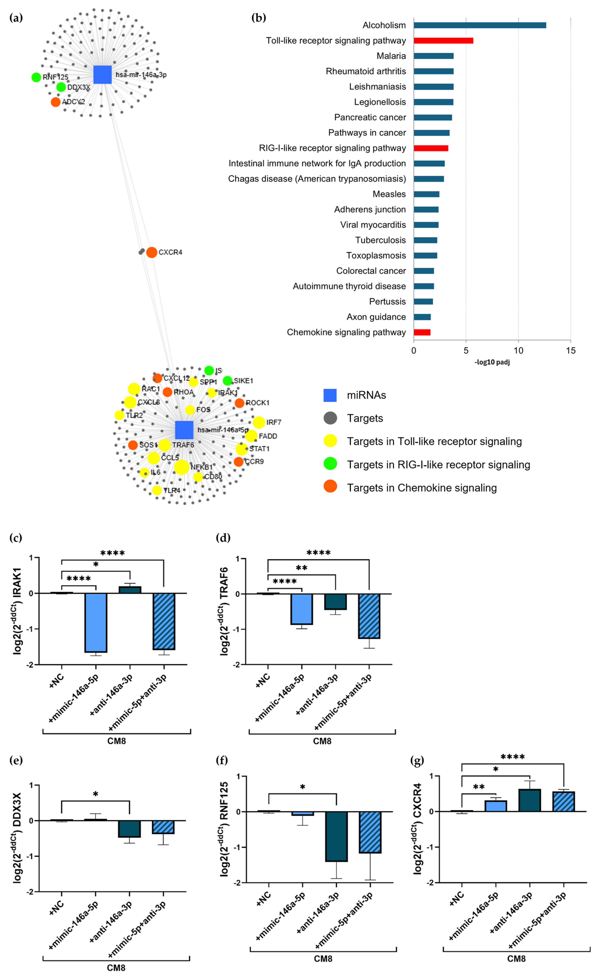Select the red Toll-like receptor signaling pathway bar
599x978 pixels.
coord(443,40)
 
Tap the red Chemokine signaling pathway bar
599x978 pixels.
coord(422,332)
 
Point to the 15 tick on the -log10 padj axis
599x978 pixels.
coord(570,350)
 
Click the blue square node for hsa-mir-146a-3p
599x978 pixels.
coord(102,75)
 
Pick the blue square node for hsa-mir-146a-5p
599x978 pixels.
coord(184,430)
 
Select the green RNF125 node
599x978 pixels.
coord(36,77)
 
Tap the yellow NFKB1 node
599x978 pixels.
coord(182,467)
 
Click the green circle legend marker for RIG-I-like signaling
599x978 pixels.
coord(330,464)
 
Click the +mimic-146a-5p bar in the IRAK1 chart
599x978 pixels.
coord(96,622)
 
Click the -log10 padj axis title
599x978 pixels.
coord(492,362)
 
